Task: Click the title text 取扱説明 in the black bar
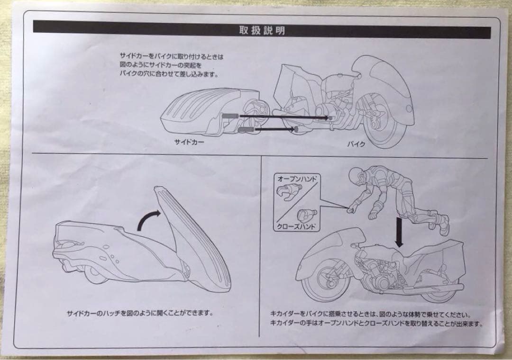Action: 262,32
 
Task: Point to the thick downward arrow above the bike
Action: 399,232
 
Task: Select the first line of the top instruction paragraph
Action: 171,56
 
